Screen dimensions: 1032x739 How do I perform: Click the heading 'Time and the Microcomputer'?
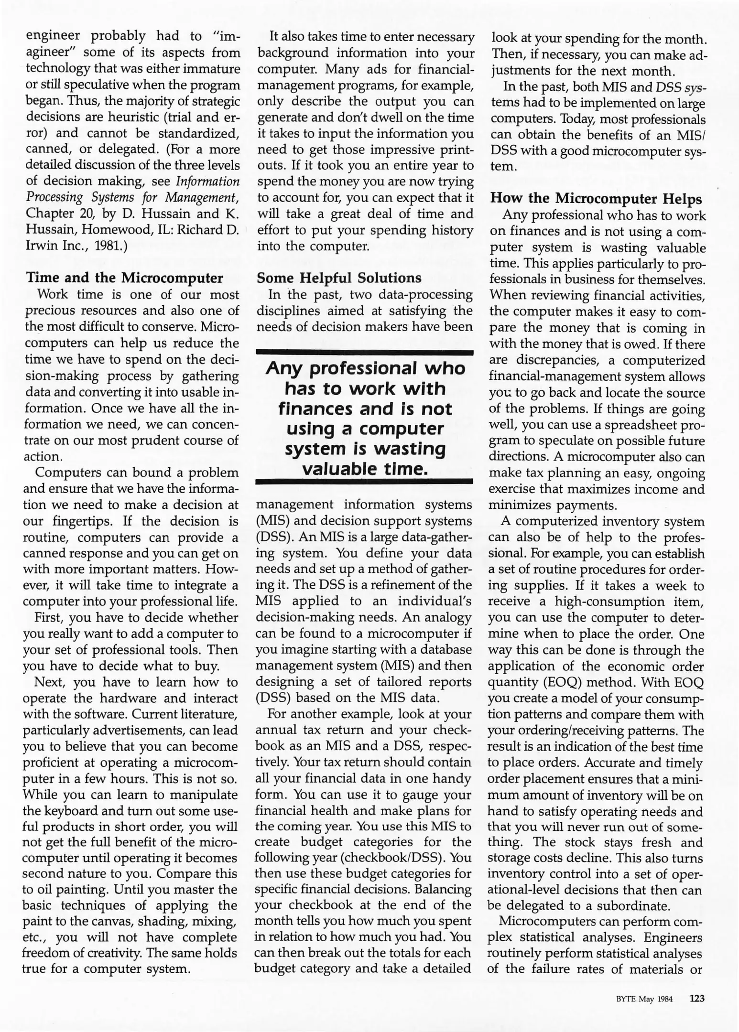click(x=124, y=278)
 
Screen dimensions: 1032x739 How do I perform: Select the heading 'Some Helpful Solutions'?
click(x=339, y=278)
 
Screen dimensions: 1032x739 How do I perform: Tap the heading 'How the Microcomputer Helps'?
click(x=596, y=199)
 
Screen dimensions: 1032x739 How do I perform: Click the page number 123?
click(x=697, y=999)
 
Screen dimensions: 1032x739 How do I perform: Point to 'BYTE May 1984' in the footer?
click(x=644, y=1000)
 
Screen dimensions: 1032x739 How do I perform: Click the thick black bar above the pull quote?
click(x=365, y=353)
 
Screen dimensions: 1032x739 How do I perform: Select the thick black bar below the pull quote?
click(x=365, y=482)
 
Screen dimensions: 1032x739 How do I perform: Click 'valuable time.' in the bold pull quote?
click(x=365, y=469)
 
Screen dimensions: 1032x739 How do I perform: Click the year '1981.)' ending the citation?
click(x=111, y=246)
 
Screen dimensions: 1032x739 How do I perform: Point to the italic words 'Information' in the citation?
click(x=207, y=182)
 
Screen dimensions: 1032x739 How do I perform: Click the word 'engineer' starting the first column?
click(x=52, y=36)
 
